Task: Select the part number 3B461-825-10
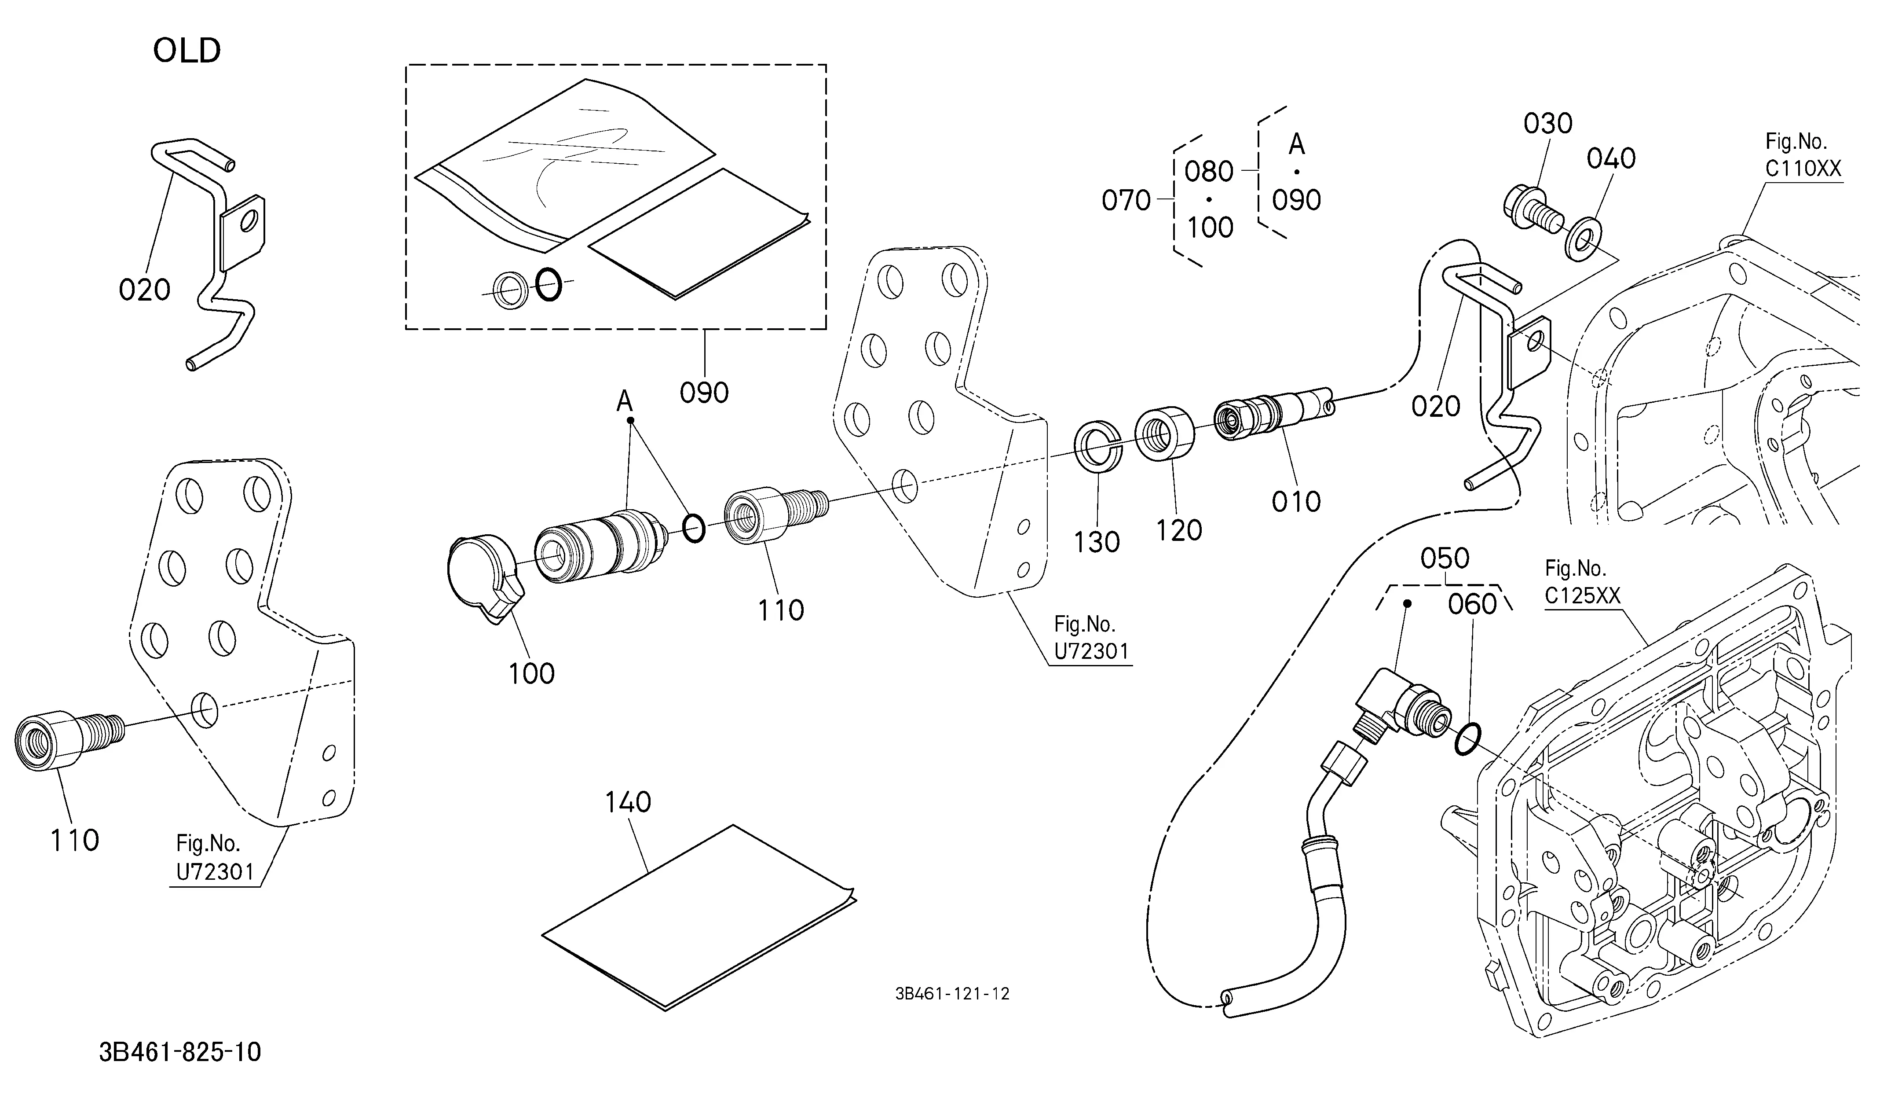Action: pos(180,1052)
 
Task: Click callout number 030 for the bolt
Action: pos(1548,124)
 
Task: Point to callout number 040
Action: pos(1611,158)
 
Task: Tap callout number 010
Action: pos(1296,501)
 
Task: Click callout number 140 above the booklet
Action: pos(628,802)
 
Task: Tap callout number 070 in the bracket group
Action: pos(1126,200)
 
